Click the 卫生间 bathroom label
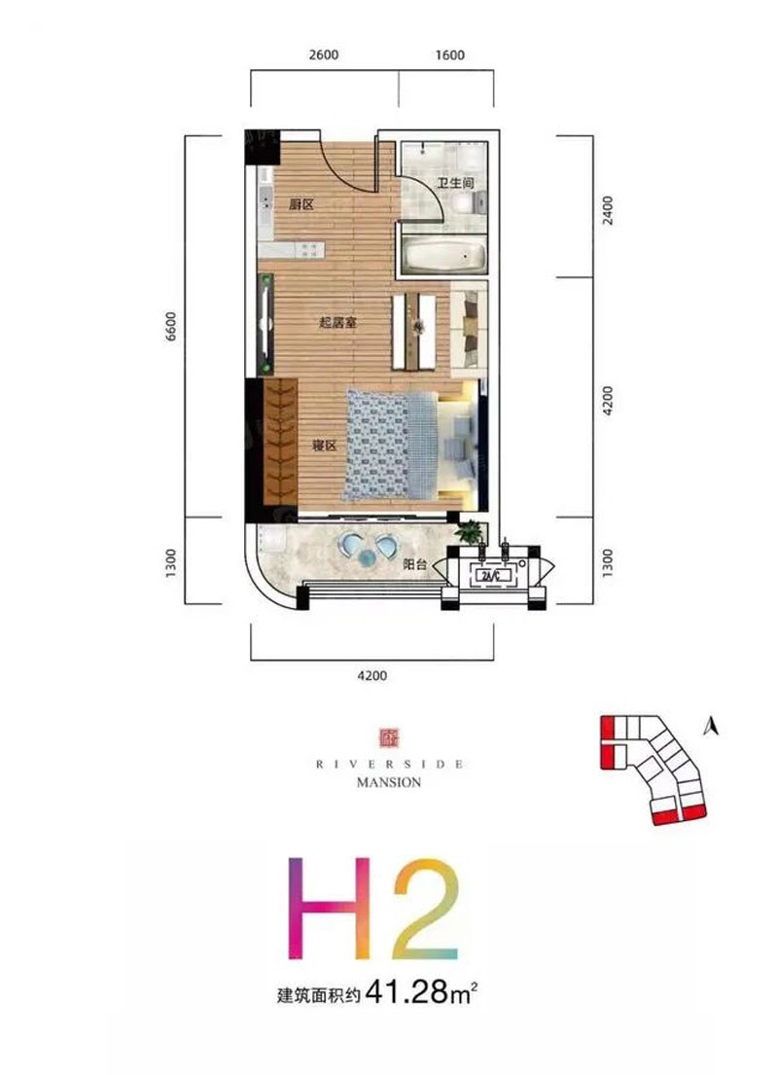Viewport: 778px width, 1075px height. [456, 183]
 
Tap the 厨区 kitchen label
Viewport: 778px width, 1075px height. [301, 203]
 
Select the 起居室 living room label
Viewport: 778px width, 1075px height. [337, 322]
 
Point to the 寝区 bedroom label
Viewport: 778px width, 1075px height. [324, 446]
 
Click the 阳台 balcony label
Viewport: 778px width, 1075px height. [414, 565]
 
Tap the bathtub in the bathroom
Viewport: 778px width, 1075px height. [444, 255]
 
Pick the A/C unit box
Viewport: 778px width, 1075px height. [493, 576]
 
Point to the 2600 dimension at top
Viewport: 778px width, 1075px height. [324, 54]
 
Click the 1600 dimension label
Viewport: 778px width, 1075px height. [449, 54]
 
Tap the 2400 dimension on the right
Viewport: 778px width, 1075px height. [607, 210]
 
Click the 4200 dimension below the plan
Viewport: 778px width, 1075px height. [372, 675]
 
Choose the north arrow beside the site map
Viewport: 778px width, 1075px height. [712, 725]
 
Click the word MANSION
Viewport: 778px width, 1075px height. [389, 782]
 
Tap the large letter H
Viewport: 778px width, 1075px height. [331, 908]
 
